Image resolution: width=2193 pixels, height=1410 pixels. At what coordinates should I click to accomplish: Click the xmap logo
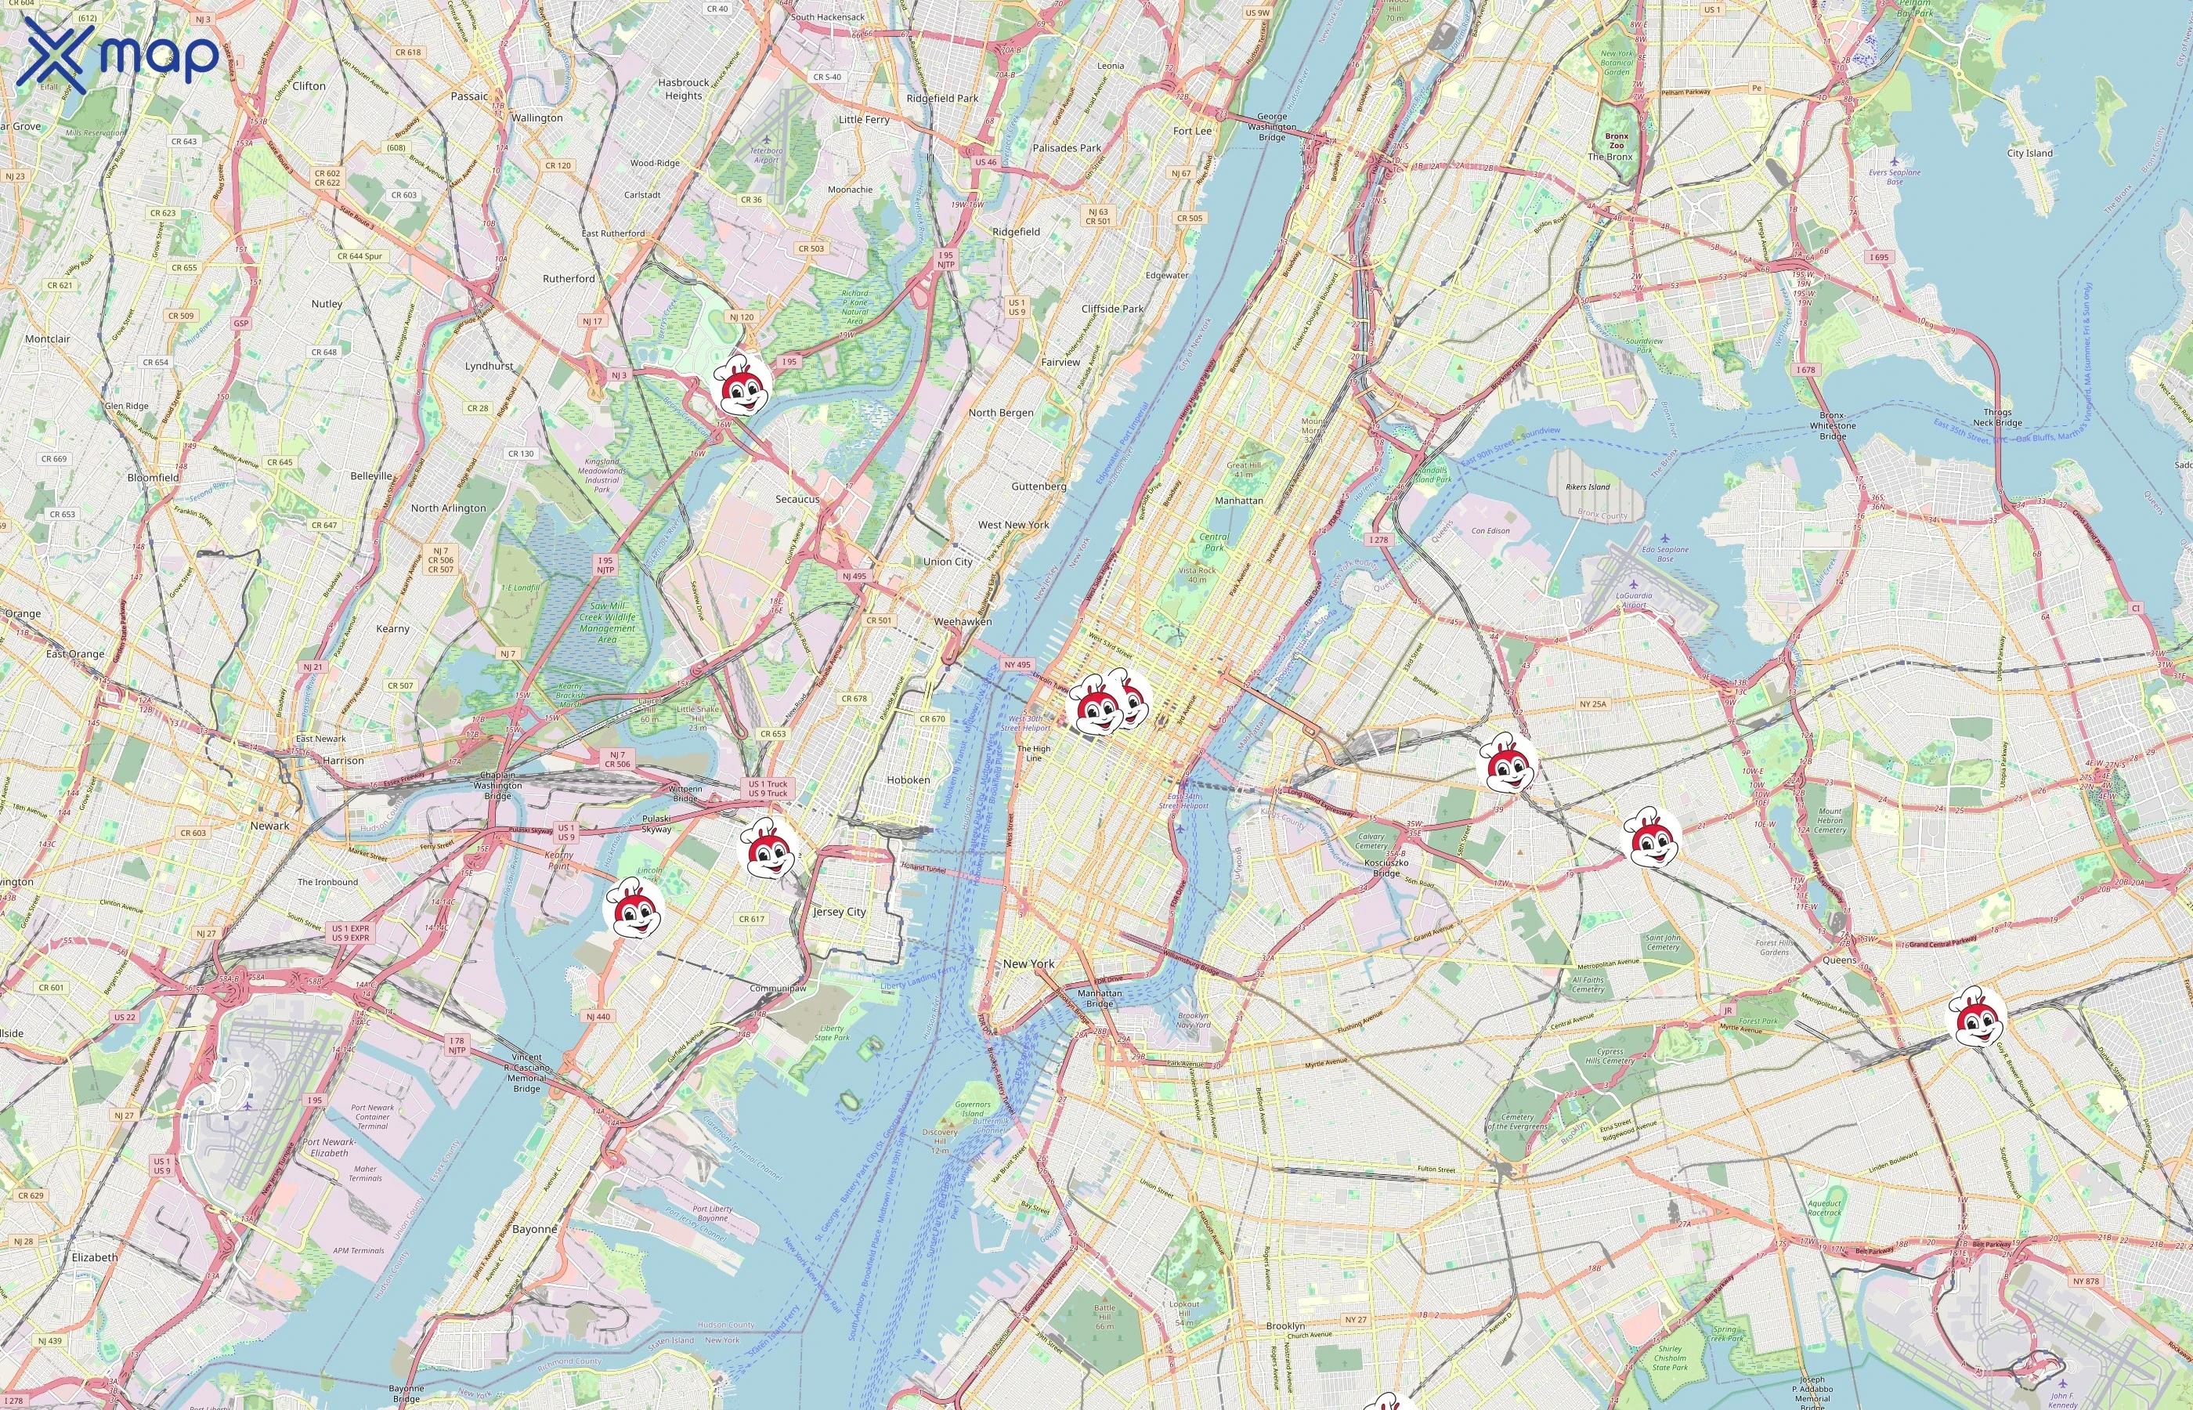[x=119, y=55]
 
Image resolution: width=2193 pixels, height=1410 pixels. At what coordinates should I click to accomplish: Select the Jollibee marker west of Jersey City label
[x=767, y=849]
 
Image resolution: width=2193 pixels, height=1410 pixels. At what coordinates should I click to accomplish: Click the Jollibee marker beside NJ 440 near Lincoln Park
[x=634, y=907]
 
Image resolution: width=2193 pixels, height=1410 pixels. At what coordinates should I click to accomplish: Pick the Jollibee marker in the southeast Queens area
[x=1976, y=1016]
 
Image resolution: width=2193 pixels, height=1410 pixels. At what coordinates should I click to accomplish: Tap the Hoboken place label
[x=908, y=780]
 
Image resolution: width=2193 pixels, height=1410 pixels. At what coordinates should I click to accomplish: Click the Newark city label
[x=269, y=826]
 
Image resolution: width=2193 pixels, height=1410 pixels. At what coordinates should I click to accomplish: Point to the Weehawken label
[x=962, y=622]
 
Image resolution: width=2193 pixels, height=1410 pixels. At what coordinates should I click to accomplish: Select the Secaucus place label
[x=797, y=500]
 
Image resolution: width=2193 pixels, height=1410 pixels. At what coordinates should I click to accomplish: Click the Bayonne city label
[x=534, y=1229]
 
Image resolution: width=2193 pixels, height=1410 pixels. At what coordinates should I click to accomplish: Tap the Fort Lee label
[x=1192, y=131]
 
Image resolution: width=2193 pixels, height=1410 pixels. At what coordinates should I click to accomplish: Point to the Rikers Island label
[x=1587, y=487]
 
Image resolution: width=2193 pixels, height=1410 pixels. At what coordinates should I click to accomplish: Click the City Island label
[x=2029, y=153]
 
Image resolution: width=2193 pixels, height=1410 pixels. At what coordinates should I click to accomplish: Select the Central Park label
[x=1214, y=542]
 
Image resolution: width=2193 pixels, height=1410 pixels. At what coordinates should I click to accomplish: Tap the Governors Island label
[x=972, y=1108]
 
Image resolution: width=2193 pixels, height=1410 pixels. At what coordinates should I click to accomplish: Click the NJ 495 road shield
[x=853, y=577]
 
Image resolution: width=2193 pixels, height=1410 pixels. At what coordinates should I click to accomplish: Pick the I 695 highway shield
[x=1879, y=257]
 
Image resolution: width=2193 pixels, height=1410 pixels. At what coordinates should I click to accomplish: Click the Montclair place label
[x=48, y=338]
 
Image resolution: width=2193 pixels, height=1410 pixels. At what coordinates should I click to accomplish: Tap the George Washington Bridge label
[x=1271, y=127]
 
